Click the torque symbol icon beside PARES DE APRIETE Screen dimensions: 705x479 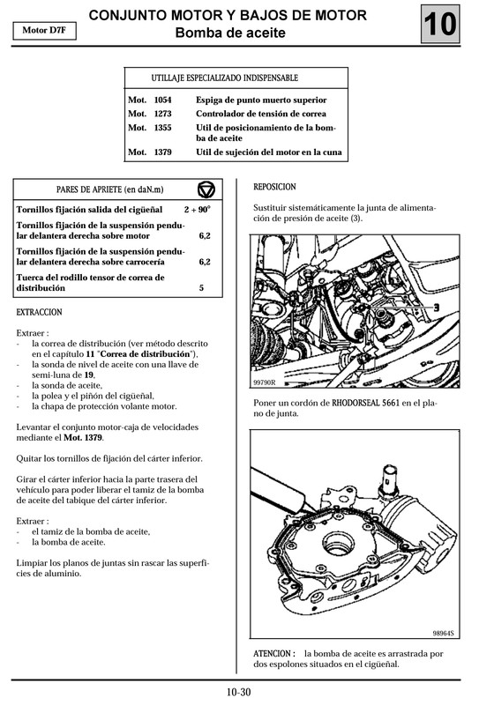tap(206, 190)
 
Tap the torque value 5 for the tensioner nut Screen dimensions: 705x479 tap(202, 288)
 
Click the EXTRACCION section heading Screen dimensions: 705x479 tap(40, 313)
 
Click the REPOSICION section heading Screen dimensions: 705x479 tap(274, 187)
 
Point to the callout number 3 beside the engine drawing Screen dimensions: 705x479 tap(436, 305)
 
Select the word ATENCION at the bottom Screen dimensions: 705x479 tap(274, 653)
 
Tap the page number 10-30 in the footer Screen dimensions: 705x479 tap(238, 692)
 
